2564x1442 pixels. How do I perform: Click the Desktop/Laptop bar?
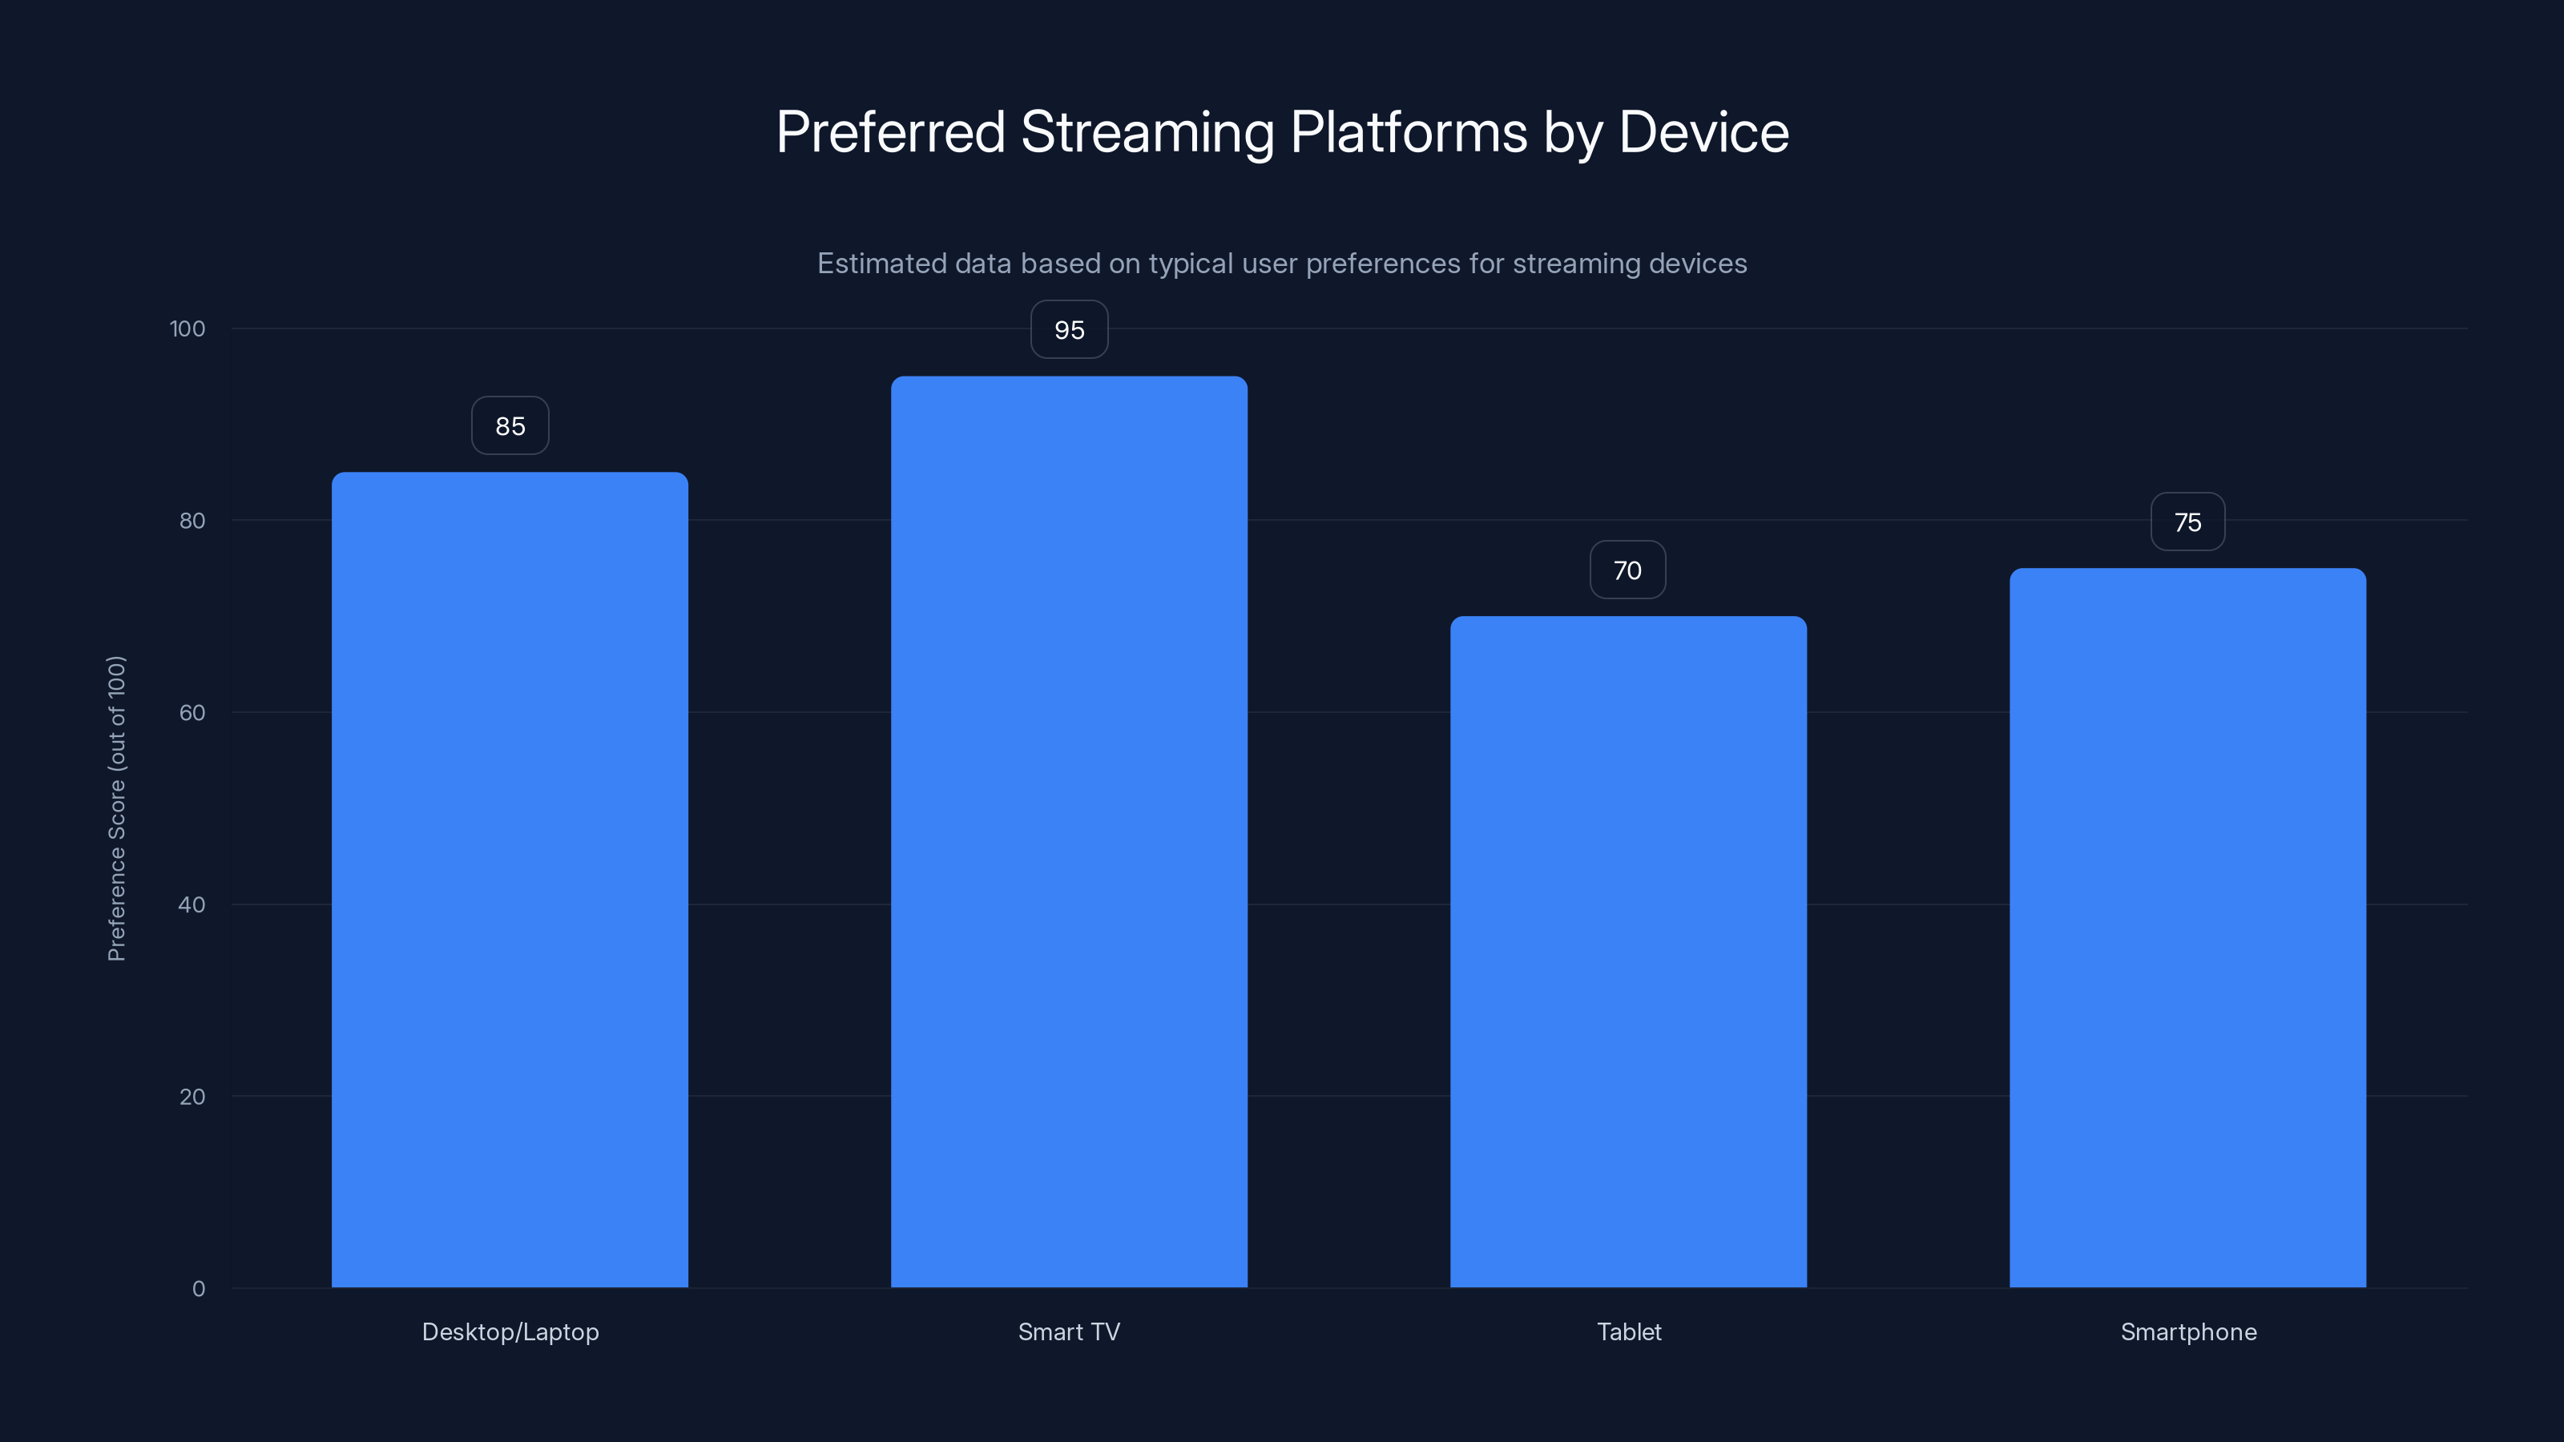(510, 880)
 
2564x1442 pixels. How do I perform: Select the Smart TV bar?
(1069, 832)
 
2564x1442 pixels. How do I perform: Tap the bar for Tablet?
(1628, 952)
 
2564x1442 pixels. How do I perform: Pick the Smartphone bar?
(2187, 928)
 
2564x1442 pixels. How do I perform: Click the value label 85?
(510, 426)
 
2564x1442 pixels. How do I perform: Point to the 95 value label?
(1069, 329)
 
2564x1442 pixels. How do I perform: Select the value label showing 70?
(1627, 570)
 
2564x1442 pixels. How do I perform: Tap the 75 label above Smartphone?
(2187, 522)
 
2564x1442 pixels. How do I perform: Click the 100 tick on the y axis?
(187, 328)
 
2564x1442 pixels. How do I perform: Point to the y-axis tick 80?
(192, 521)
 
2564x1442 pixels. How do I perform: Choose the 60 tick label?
(192, 712)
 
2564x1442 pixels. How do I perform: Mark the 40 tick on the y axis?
(192, 904)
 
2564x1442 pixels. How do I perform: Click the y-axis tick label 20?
(192, 1097)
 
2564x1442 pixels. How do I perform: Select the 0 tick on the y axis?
(199, 1289)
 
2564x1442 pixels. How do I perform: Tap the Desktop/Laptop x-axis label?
(510, 1332)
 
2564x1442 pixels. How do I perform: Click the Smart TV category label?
(1069, 1332)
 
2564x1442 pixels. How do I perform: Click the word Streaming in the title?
(1147, 132)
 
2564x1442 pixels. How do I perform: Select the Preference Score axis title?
(116, 808)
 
